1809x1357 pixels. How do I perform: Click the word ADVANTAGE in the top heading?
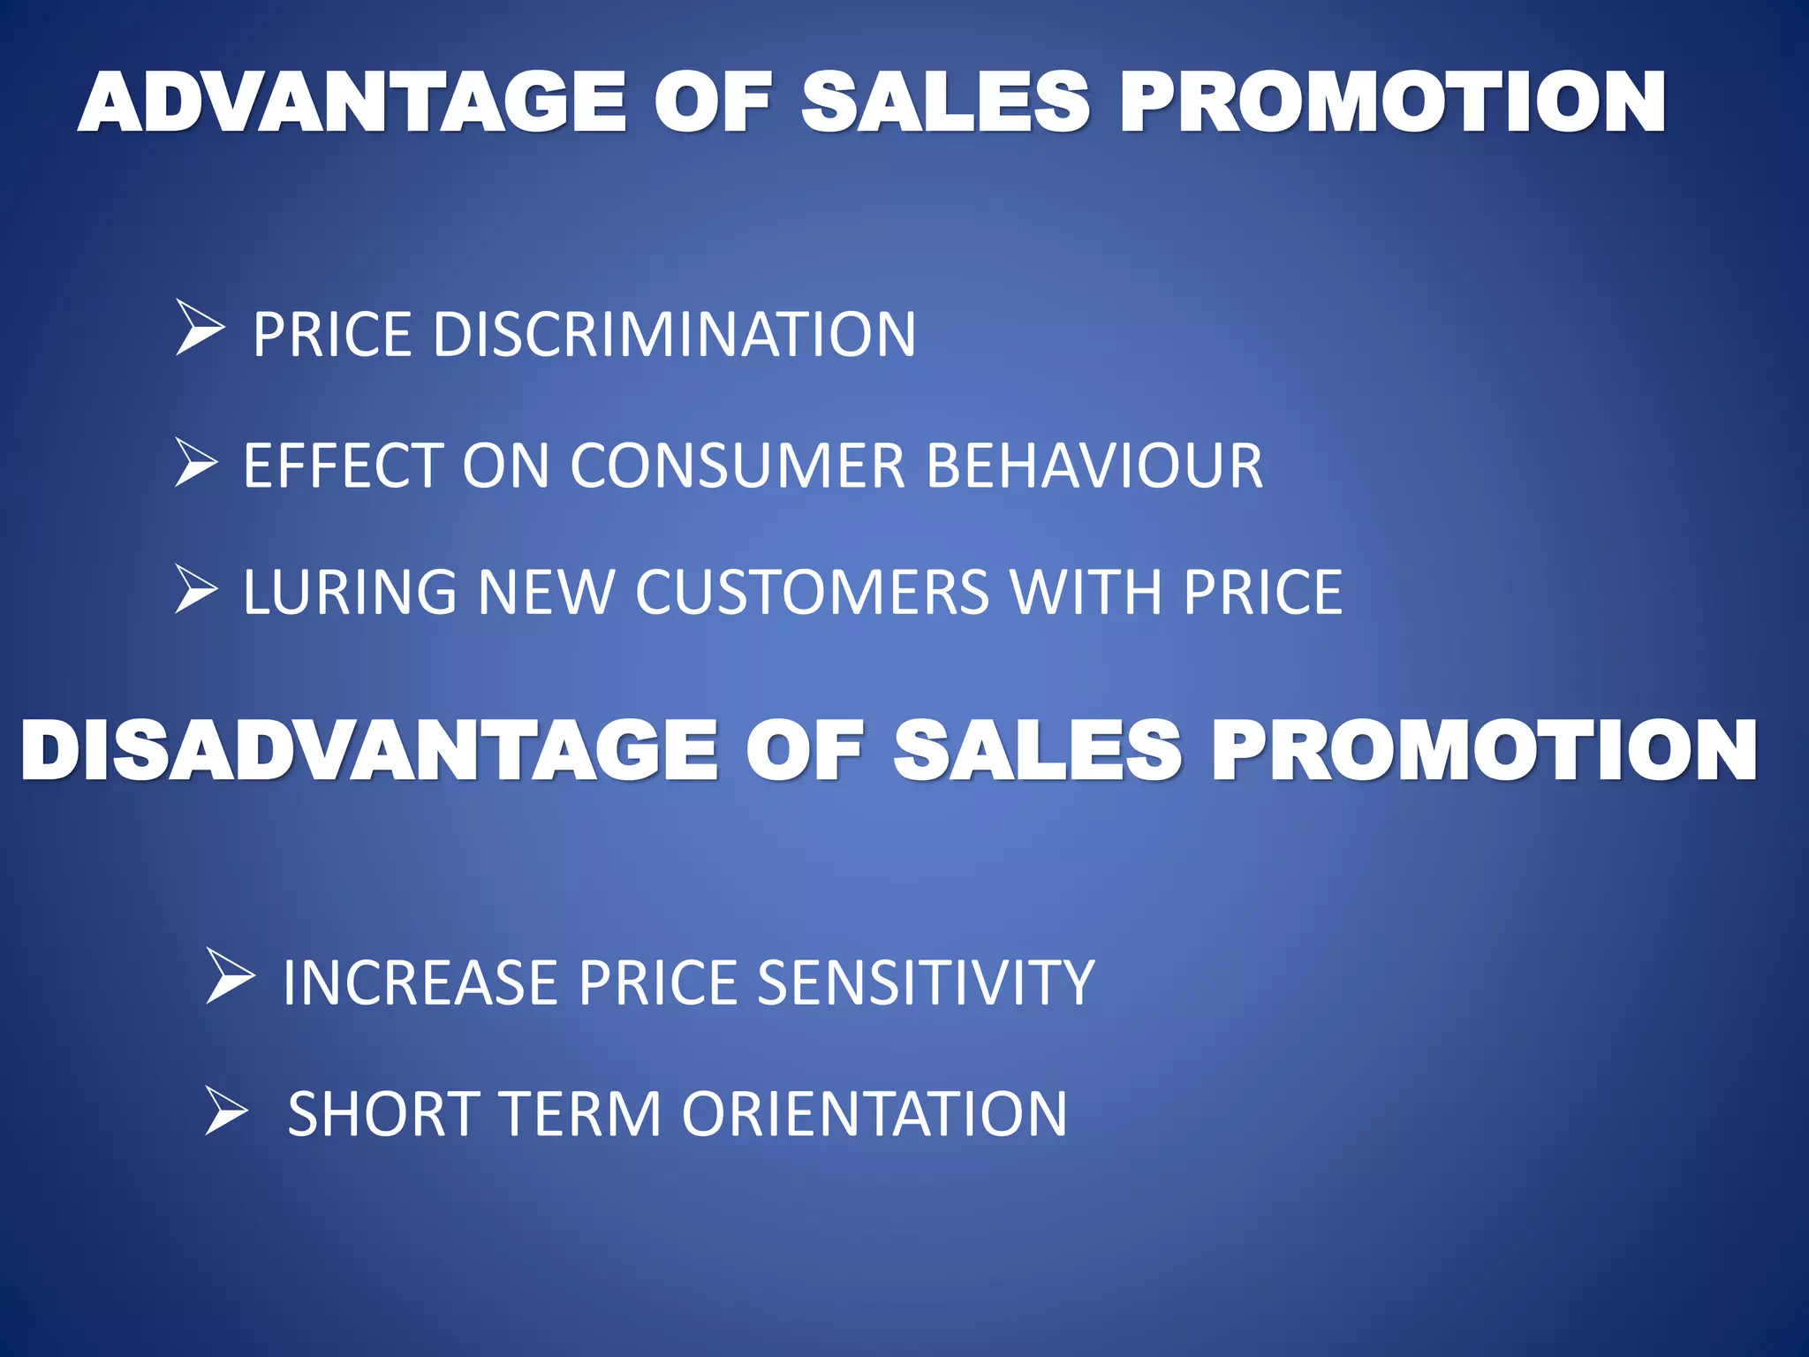(352, 103)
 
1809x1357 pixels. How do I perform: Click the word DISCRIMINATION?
(674, 335)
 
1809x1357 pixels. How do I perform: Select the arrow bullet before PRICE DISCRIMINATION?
(200, 328)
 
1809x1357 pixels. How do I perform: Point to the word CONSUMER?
(738, 466)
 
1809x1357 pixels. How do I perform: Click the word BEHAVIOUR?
(1094, 466)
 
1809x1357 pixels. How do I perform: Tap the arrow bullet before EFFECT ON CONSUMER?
(196, 462)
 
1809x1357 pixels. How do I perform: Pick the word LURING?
(350, 592)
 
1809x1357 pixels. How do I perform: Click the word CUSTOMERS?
(812, 592)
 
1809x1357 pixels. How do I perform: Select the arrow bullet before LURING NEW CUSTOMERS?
(196, 589)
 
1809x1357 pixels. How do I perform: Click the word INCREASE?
(420, 982)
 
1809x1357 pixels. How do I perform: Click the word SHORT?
(383, 1114)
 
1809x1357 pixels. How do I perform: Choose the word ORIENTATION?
(874, 1114)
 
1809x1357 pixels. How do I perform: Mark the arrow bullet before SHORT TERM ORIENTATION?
(226, 1111)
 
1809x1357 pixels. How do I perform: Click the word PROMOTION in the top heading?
(1392, 103)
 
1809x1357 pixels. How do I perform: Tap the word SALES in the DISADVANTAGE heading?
(1037, 750)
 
